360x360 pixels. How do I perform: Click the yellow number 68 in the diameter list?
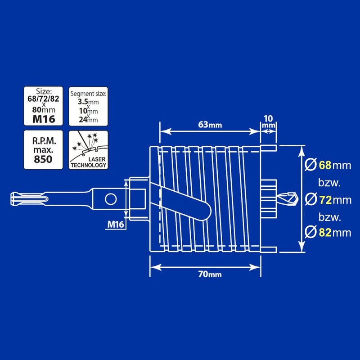pos(325,165)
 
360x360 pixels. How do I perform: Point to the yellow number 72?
pos(325,198)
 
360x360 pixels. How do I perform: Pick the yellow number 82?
pos(325,232)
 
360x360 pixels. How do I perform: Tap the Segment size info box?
pos(88,106)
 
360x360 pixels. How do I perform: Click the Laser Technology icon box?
pos(88,149)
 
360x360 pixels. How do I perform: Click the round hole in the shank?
pos(108,198)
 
